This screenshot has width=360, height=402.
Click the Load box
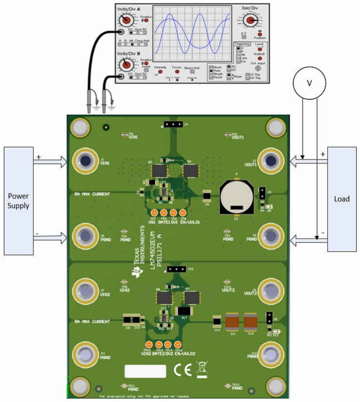point(342,199)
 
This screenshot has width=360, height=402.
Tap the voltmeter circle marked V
point(309,83)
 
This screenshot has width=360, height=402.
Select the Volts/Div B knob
point(126,65)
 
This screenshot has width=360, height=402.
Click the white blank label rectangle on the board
point(145,371)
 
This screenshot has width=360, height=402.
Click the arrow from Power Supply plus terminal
point(50,161)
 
